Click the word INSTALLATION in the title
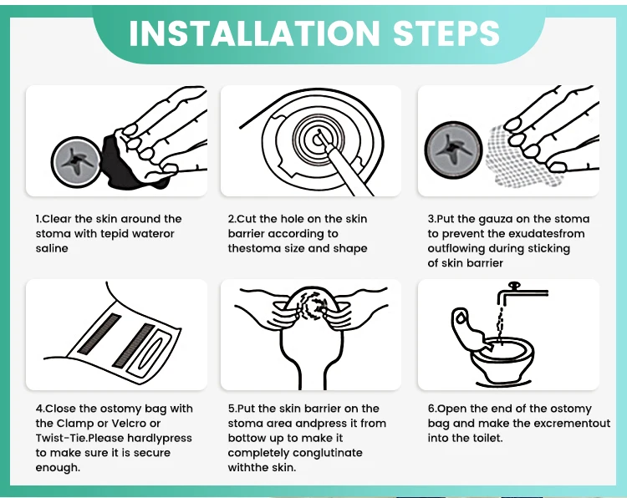coord(254,33)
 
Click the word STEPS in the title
coord(446,33)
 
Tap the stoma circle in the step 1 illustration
coord(76,161)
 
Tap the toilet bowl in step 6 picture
coord(502,362)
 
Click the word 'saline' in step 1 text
coord(52,249)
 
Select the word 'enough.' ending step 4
coord(58,468)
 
